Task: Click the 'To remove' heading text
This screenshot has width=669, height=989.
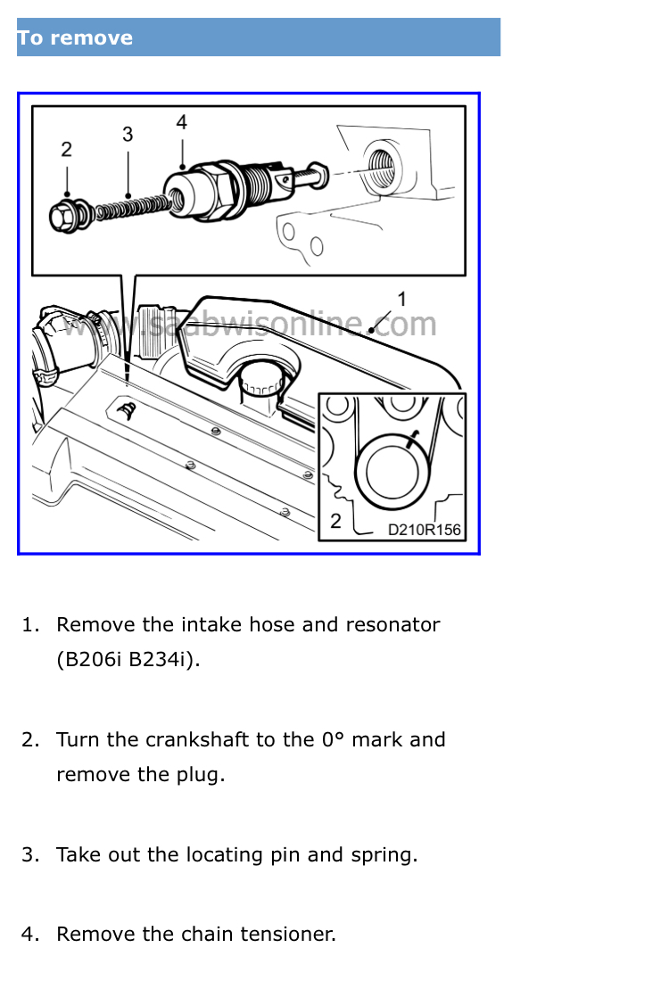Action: click(74, 37)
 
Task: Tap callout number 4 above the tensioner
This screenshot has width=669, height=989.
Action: click(182, 122)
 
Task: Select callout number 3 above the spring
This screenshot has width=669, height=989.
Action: click(128, 135)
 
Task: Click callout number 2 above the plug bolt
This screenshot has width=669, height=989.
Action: click(66, 150)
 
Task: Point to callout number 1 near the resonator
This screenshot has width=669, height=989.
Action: click(401, 299)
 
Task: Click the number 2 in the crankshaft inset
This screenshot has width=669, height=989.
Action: click(335, 521)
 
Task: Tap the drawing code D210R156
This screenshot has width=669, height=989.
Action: click(424, 530)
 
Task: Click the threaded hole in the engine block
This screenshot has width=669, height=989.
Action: click(381, 167)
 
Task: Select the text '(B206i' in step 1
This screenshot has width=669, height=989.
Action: click(88, 660)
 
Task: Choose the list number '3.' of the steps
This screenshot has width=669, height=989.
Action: click(30, 855)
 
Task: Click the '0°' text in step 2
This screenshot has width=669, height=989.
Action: click(334, 740)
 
